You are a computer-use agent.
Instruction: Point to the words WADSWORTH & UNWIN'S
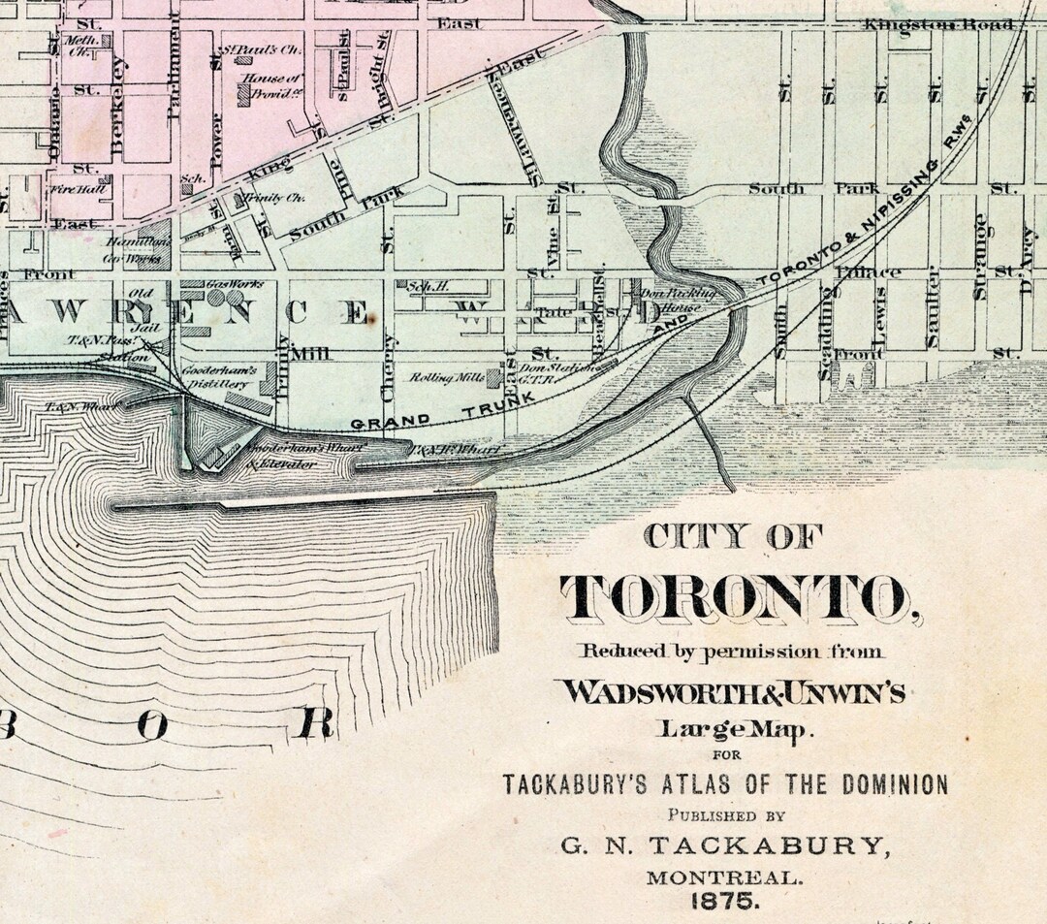tap(730, 691)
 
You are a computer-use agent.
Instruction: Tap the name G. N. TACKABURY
tap(725, 846)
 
